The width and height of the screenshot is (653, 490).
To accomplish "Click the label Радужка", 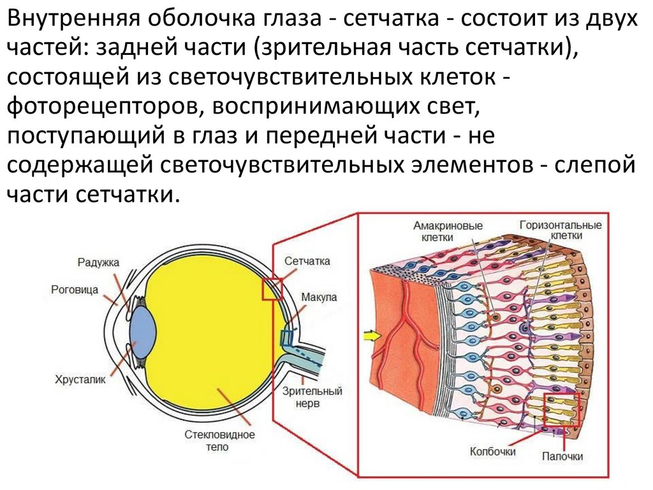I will pos(98,262).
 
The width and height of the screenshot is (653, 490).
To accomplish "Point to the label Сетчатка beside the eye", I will pos(307,261).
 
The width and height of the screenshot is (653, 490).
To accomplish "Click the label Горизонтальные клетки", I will pos(561,230).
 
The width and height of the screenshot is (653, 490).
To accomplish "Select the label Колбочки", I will pos(492,451).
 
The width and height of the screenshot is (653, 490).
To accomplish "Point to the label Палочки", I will pos(562,456).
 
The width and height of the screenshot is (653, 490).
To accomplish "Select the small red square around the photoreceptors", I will pos(561,409).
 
